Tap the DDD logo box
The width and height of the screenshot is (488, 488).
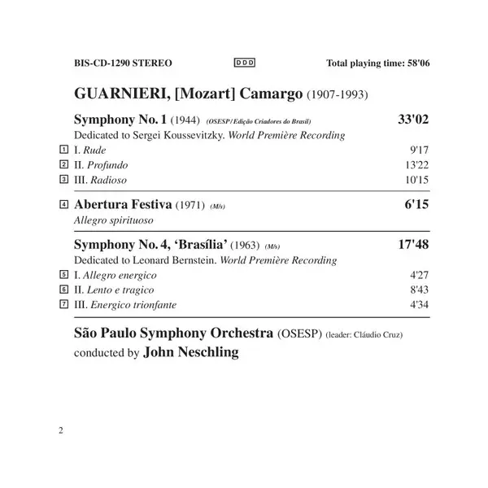(243, 62)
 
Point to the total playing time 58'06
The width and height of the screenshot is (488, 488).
(416, 63)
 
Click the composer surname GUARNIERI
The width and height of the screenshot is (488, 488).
(117, 94)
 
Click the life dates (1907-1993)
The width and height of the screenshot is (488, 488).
(336, 94)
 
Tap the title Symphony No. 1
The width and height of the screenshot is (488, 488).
(119, 120)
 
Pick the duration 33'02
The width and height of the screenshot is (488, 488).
(412, 120)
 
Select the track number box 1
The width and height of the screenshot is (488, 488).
(63, 150)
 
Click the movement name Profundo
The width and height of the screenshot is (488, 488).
(115, 164)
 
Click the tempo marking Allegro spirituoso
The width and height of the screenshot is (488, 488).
(112, 220)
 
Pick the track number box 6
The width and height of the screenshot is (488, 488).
(63, 290)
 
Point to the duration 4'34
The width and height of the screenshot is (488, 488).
(418, 304)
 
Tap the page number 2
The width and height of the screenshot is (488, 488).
(61, 429)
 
